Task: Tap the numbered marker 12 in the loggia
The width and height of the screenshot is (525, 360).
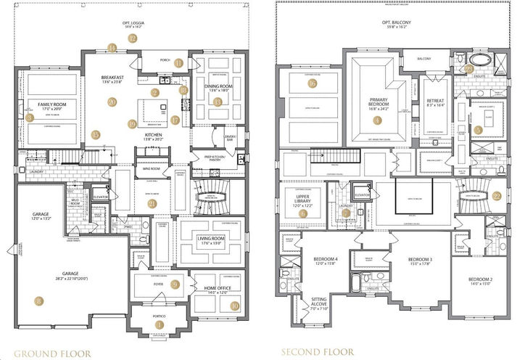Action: coord(132,38)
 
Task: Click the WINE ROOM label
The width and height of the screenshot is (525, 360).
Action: coord(146,168)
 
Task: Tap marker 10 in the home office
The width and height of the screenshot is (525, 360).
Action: coord(234,306)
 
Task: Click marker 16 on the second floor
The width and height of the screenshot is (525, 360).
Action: coord(313,83)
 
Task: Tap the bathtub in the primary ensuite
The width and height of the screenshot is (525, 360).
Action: coord(476,61)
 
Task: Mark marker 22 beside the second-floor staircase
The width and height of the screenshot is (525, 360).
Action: coord(497,196)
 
